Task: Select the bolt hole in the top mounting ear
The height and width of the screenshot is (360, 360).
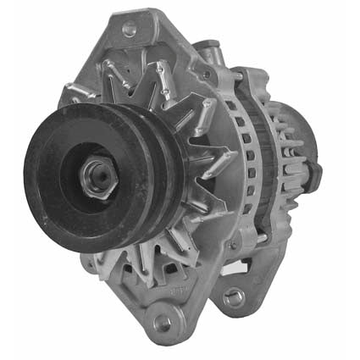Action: [130, 28]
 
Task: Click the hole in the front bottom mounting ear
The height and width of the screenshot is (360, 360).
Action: [161, 321]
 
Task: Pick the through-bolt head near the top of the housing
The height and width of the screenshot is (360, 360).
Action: [206, 75]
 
